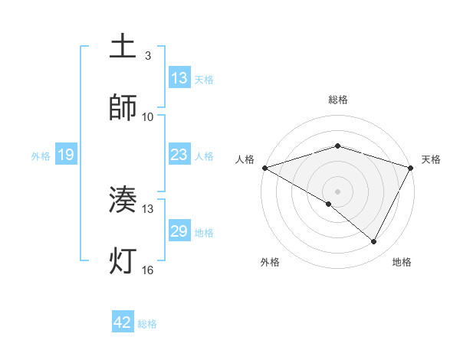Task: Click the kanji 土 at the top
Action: (123, 47)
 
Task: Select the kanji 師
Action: (123, 108)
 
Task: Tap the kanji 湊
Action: (123, 200)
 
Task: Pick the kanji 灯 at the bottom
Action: (123, 260)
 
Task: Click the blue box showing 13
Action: (179, 77)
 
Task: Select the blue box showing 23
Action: (179, 155)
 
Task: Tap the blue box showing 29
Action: (179, 231)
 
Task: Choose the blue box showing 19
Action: (66, 155)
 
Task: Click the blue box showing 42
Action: (123, 322)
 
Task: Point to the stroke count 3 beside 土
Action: (148, 55)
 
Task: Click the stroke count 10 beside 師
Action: (148, 117)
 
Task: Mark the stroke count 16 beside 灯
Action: (148, 270)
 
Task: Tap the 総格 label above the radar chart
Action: (338, 100)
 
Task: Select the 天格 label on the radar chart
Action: (431, 159)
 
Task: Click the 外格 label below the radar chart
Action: (270, 262)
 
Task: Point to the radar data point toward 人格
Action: (264, 167)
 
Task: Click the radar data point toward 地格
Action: (374, 241)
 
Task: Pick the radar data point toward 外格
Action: (329, 204)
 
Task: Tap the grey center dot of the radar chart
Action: (338, 191)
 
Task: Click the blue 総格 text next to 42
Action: (147, 324)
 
